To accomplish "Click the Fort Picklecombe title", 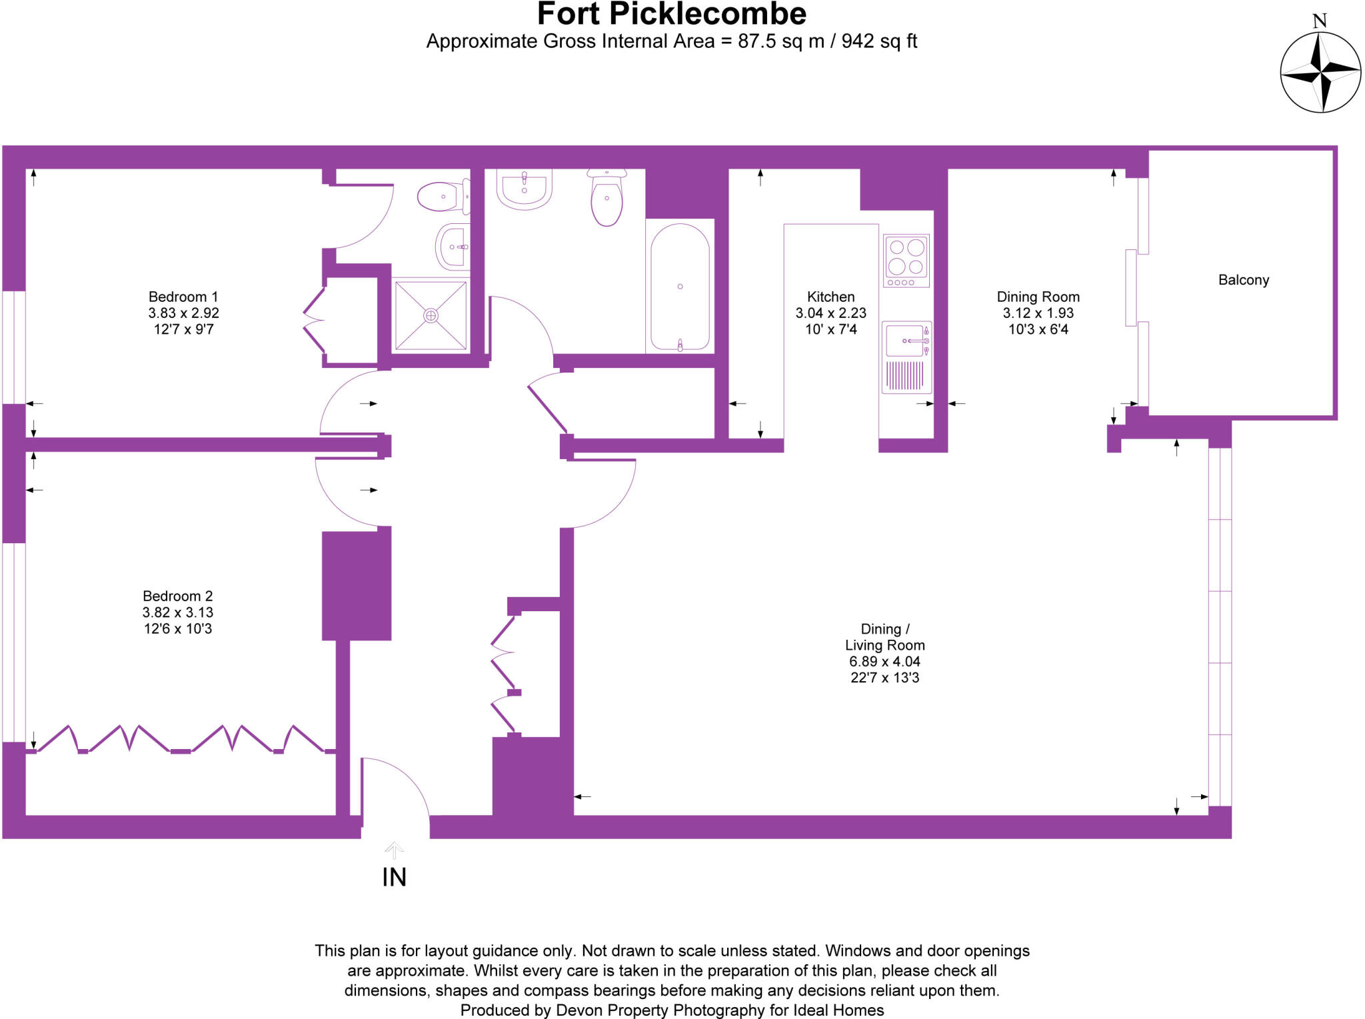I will (671, 15).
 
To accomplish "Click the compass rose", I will (1320, 71).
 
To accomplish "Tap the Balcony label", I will (1243, 280).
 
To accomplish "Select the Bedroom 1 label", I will (183, 297).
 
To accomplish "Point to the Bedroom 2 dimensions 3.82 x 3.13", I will (177, 612).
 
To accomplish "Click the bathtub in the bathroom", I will (679, 287).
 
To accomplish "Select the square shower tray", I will (431, 315).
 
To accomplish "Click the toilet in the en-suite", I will (441, 197).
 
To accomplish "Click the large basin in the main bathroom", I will (524, 189).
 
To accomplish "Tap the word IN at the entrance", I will (394, 878).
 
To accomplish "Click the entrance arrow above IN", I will (394, 850).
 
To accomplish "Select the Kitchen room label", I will (830, 297).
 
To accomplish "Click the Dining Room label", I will (1038, 297).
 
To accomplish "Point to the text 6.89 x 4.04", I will (884, 662).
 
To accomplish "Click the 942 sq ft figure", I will (879, 41).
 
